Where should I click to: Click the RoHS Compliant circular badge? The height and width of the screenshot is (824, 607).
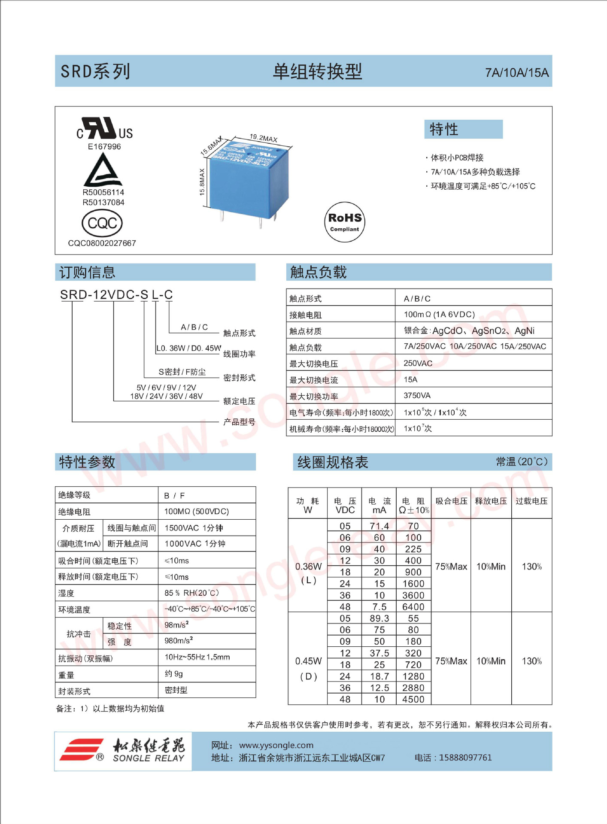[344, 222]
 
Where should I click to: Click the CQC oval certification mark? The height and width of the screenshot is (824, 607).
[102, 223]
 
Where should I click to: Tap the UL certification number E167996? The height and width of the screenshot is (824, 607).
[104, 147]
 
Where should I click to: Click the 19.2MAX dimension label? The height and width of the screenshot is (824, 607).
[264, 138]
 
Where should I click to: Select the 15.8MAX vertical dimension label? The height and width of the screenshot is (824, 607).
[202, 182]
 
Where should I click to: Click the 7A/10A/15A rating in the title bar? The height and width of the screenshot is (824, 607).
[516, 73]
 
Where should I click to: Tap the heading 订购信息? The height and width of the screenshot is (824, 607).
[88, 273]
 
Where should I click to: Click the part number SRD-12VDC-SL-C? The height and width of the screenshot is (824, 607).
[116, 295]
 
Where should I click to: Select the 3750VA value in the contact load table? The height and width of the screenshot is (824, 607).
[417, 395]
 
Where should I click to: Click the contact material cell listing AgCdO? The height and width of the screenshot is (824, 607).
[469, 330]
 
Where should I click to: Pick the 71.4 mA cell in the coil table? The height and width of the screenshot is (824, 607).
[379, 526]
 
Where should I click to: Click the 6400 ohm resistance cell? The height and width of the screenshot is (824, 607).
[413, 606]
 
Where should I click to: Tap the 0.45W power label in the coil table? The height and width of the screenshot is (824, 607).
[308, 661]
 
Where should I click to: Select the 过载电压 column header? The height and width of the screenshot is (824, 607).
[531, 501]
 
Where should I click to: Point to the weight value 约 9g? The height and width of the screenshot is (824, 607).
[174, 674]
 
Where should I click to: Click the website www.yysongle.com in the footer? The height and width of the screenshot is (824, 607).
[276, 745]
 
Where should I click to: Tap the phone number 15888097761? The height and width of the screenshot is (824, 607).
[465, 757]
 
